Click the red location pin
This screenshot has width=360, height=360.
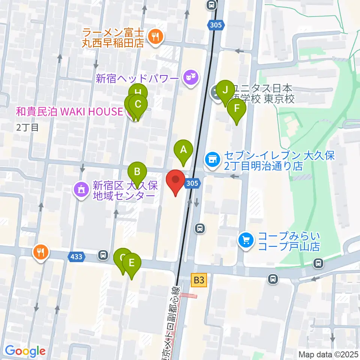175,181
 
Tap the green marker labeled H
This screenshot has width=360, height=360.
138,92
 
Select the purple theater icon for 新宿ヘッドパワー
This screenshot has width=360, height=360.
191,78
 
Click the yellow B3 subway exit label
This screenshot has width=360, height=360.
199,279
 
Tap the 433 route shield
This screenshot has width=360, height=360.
76,256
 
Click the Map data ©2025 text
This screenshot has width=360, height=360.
328,354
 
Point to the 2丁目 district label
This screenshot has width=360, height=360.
27,127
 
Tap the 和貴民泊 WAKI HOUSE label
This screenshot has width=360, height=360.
69,111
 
